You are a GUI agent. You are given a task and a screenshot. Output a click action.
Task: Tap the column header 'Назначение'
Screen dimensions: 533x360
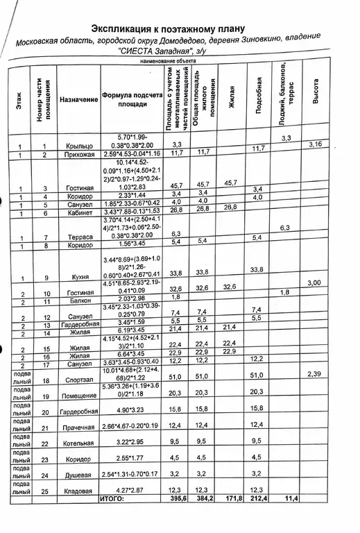(x=78, y=100)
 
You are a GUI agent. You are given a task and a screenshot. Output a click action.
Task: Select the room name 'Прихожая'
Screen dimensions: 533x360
(x=78, y=153)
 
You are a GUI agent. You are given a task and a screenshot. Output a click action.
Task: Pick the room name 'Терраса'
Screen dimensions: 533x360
(x=79, y=238)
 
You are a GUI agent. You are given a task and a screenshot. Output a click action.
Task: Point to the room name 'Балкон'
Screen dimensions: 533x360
(x=78, y=302)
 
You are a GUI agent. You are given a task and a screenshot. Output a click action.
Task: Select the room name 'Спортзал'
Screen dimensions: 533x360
(x=78, y=380)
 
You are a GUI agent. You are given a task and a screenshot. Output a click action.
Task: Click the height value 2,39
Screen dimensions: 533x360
(x=316, y=374)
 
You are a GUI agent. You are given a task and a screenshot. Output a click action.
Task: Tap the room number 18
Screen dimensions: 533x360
(x=46, y=380)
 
